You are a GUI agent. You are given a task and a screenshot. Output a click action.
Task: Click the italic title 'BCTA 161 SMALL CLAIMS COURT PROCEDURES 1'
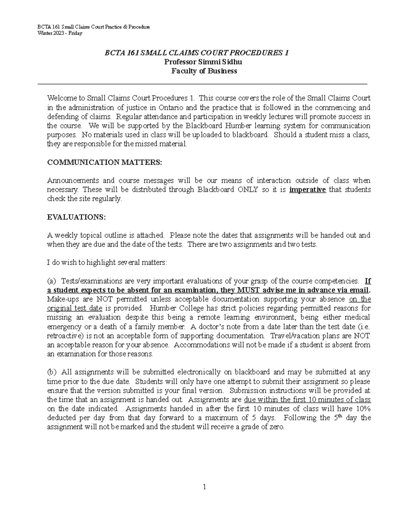(x=202, y=53)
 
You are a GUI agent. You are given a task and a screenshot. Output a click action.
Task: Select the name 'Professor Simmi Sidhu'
(x=203, y=62)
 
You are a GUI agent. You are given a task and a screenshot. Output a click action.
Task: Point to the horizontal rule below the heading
(x=202, y=84)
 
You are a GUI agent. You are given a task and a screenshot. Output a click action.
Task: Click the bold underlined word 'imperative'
(x=307, y=190)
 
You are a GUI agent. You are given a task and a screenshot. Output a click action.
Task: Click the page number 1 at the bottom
(x=204, y=487)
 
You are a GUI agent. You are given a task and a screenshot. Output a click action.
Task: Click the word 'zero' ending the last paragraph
(x=277, y=427)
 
